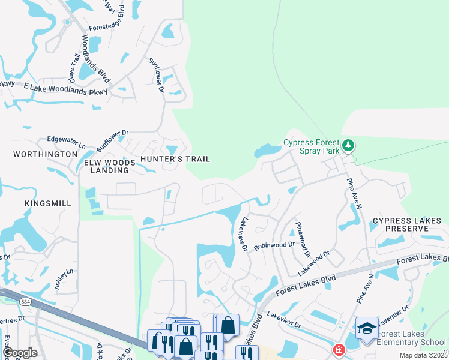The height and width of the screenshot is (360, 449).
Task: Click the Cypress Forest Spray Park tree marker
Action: point(348,145)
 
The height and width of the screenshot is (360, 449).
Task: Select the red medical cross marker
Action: point(339,349)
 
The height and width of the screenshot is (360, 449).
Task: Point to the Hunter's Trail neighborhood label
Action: point(175,159)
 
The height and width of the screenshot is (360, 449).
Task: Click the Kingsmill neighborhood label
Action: point(48,204)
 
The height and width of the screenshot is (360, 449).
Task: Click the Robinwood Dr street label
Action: point(274,245)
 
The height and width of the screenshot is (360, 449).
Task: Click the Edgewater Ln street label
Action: point(67,142)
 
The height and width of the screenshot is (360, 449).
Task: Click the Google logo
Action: point(19,353)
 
